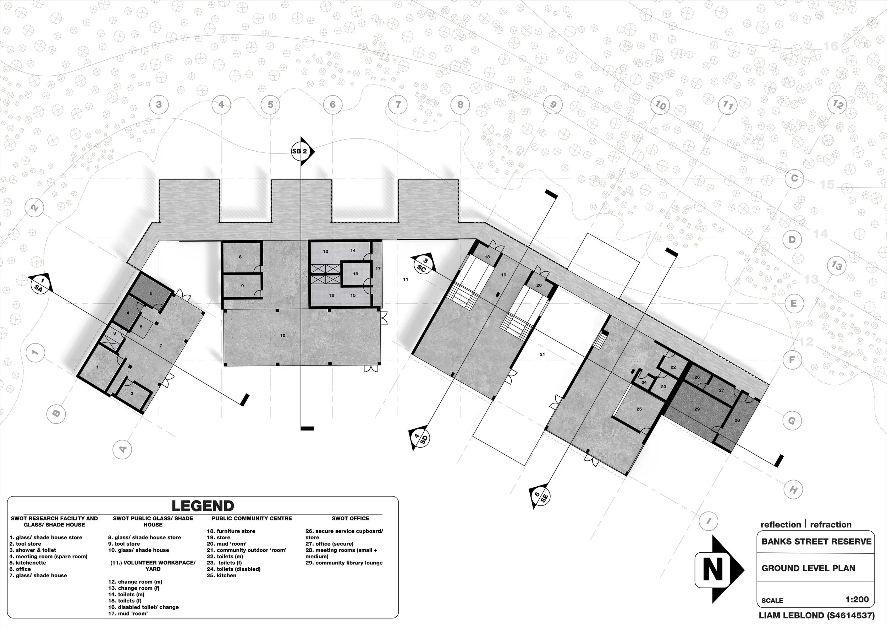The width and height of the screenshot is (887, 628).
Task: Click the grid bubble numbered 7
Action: pos(398,104)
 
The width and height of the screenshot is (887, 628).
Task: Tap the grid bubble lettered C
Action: pos(794,178)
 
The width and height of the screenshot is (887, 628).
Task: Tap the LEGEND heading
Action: pos(203,506)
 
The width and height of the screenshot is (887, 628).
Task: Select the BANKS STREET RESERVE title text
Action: pos(816,541)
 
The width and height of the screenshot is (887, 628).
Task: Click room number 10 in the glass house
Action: pos(283,335)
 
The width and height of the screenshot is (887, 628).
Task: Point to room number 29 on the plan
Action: pos(697,409)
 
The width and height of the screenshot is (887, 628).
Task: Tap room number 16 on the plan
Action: pos(356,274)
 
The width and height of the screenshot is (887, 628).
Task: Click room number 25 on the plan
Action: pos(639,409)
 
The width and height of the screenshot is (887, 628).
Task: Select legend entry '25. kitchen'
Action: pos(221,575)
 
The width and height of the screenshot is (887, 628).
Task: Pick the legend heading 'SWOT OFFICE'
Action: pos(351,518)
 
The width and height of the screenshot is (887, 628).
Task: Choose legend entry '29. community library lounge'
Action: pos(344,563)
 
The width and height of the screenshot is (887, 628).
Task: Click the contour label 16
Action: pos(831,47)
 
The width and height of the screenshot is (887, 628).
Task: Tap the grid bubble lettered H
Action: pos(793,489)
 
